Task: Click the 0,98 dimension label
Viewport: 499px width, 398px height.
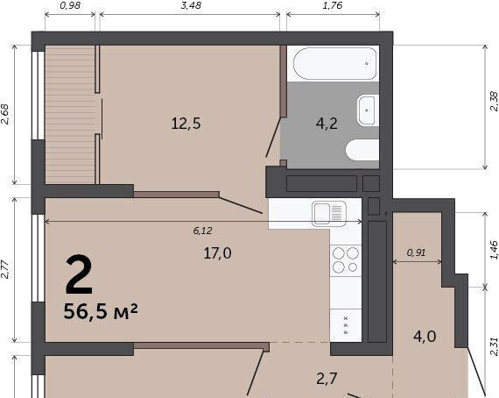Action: [70, 5]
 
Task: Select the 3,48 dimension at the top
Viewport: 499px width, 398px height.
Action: [191, 5]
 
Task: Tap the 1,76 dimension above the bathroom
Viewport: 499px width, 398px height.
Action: [333, 5]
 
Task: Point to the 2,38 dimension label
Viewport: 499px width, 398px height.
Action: [494, 102]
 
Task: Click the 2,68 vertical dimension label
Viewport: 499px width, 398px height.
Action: [5, 114]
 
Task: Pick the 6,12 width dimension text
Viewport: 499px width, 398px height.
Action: [202, 231]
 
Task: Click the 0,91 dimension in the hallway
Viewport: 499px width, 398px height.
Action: [416, 252]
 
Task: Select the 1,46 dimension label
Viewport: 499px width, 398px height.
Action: [494, 250]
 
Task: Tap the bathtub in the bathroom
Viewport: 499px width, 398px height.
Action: [334, 64]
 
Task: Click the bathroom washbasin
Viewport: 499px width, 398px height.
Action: [368, 110]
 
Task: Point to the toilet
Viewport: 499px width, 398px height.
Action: [362, 150]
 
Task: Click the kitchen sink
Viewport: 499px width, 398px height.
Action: [329, 214]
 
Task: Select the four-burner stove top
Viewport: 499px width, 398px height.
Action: [346, 260]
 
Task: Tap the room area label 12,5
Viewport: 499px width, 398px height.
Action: [186, 124]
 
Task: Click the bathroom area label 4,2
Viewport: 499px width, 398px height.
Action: [327, 124]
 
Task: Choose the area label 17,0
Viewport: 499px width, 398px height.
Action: [218, 253]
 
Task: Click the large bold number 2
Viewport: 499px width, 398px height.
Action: [79, 274]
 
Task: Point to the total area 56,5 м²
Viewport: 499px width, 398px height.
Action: [101, 311]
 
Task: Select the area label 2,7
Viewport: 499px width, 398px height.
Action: [327, 379]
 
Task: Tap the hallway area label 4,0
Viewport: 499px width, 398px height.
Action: [425, 337]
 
